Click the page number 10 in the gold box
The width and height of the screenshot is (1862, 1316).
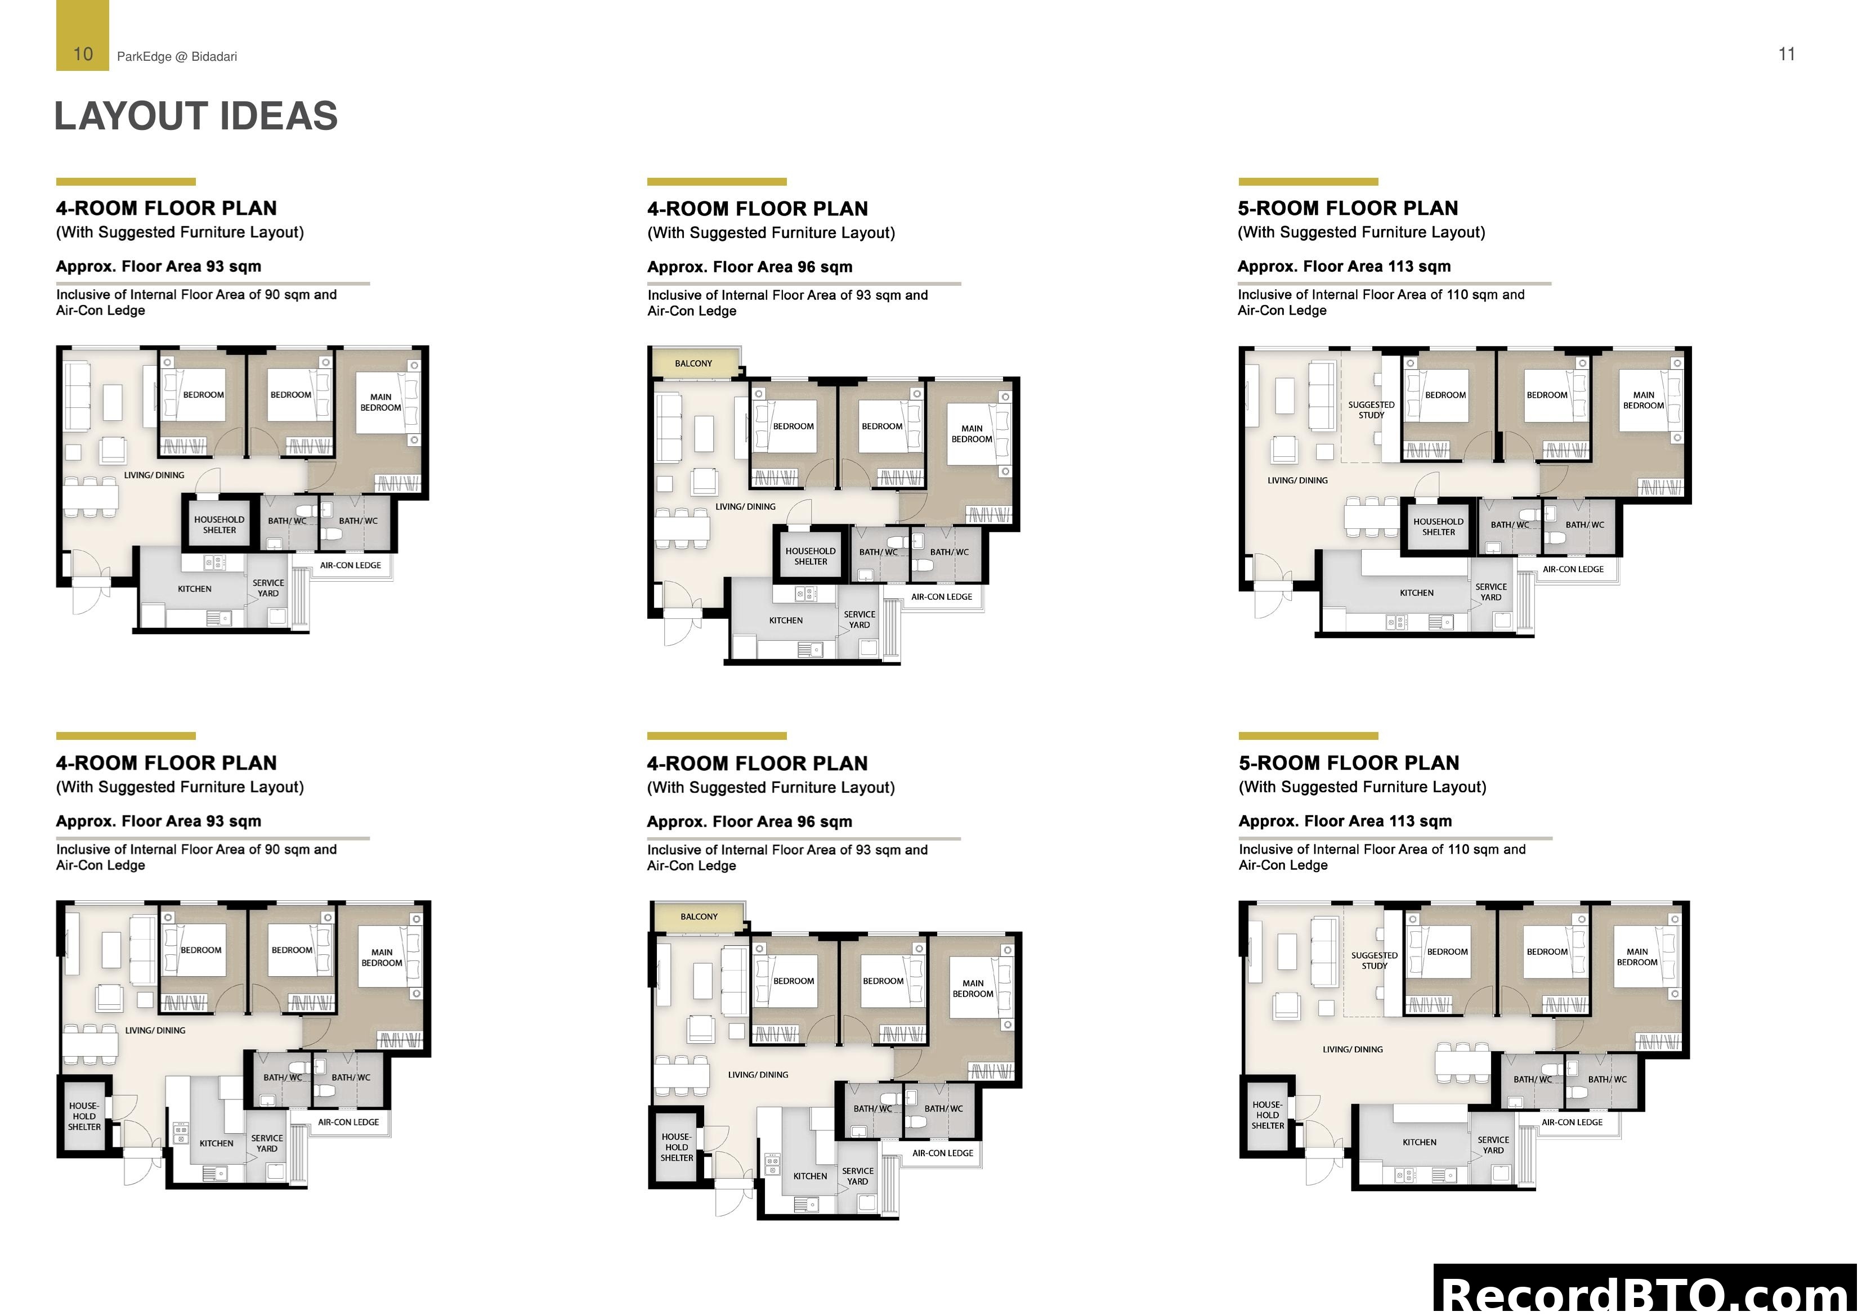(83, 55)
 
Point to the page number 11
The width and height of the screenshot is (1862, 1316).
(1787, 55)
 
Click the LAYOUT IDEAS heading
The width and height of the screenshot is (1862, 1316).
(195, 116)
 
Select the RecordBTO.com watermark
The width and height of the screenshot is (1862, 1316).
(1646, 1294)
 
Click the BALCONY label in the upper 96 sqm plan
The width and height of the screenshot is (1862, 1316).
(693, 363)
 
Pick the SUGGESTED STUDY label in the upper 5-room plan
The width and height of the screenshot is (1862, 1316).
(1371, 410)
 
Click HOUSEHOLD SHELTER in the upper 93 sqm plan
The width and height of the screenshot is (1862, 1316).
(219, 524)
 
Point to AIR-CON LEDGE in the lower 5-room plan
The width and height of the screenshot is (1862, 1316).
(1572, 1122)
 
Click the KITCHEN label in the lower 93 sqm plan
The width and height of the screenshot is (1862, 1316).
(217, 1143)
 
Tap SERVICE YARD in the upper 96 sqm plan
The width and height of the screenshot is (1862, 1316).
(860, 619)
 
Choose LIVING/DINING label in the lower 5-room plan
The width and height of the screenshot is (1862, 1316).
(1353, 1049)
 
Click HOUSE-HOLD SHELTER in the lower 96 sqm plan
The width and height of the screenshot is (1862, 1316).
(677, 1147)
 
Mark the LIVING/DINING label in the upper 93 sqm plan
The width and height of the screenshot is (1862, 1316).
(154, 475)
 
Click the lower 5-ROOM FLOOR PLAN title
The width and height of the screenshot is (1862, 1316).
(1349, 763)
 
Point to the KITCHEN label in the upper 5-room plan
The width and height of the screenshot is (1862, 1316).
(1417, 592)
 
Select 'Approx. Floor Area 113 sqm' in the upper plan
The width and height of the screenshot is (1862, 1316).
(1344, 267)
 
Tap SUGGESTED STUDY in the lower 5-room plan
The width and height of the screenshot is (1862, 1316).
(1375, 960)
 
